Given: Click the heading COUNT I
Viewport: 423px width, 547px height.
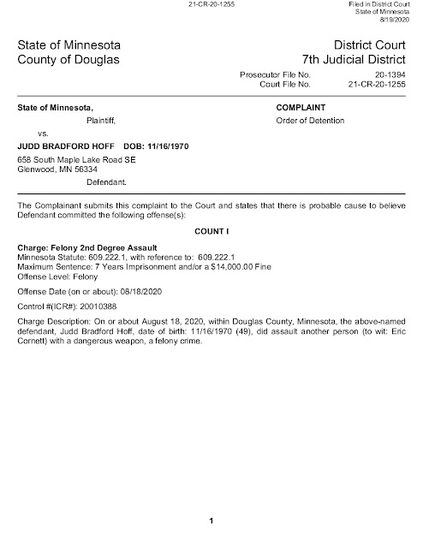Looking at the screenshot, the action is (x=211, y=231).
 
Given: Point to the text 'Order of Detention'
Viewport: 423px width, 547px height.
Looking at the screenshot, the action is (x=310, y=121).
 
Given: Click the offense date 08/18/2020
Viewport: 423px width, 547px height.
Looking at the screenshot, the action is (x=135, y=291).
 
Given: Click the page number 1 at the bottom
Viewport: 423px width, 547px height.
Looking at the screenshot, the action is (x=211, y=521).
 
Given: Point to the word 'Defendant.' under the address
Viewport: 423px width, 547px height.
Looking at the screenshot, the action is (x=108, y=182).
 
